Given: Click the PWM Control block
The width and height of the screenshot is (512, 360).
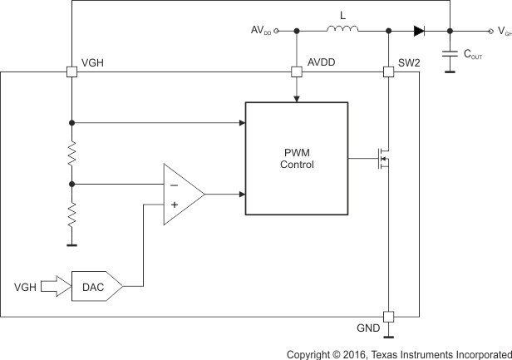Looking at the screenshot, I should coord(296,158).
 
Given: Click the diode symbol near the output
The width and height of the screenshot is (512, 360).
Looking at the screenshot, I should coord(419,31).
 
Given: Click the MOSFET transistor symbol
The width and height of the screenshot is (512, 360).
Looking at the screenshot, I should coord(382,158).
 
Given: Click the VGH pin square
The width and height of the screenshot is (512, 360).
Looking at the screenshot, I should coord(72,72).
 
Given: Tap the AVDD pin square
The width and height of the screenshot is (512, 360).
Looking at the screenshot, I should coord(297,72).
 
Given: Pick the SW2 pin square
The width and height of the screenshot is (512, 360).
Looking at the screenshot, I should coord(389,72).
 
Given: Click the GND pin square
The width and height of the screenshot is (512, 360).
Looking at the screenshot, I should coord(389,317).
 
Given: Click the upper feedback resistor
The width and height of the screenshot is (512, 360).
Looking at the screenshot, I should coord(72,154).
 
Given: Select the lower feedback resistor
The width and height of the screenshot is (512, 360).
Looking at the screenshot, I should coord(72,215).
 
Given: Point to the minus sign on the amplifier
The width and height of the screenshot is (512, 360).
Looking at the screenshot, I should coord(174,185).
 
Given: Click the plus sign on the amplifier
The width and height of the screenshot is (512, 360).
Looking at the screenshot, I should coord(174,205).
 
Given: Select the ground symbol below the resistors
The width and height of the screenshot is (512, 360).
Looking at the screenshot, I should coord(72,244).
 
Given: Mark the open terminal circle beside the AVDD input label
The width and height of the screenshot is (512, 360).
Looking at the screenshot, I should coord(277,31).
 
